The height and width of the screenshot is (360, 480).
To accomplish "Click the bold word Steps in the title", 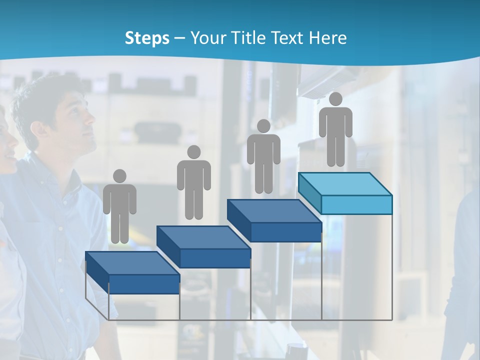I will click(x=147, y=38).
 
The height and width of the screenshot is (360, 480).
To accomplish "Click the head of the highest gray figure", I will click(x=335, y=99).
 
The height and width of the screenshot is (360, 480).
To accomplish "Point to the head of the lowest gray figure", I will click(x=119, y=176).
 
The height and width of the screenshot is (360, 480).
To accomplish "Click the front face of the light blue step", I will click(x=356, y=204).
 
